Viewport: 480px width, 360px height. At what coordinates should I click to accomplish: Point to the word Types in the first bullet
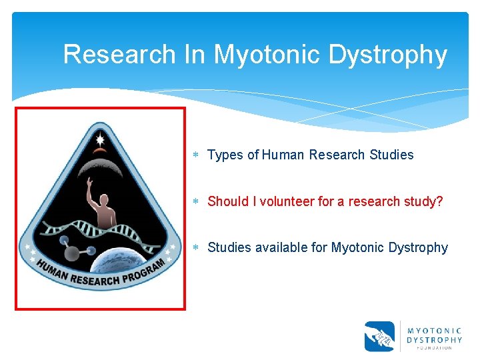tap(225, 155)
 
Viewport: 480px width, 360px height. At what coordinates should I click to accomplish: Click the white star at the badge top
tap(100, 140)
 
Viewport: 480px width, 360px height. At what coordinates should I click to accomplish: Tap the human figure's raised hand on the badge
tap(89, 181)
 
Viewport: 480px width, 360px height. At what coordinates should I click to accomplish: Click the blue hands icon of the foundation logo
tap(379, 336)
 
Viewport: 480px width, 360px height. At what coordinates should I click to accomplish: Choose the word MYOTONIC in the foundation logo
tap(435, 330)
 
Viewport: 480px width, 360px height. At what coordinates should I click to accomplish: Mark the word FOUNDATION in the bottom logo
tap(435, 347)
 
